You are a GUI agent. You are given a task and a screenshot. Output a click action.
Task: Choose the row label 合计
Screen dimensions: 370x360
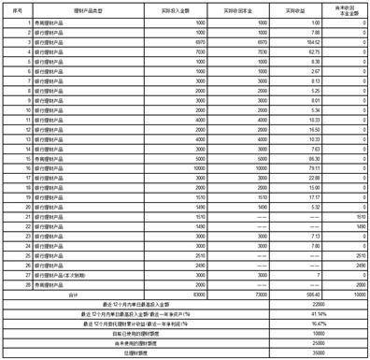pos(77,294)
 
